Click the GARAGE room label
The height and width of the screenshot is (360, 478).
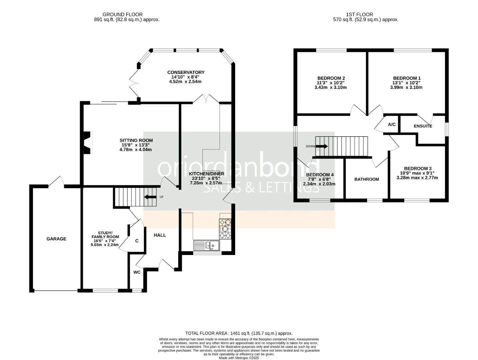coord(56,239)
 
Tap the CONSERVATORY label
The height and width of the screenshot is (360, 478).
coord(186,72)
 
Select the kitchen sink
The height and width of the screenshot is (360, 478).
coord(207,245)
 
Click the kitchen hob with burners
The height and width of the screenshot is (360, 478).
coord(225,229)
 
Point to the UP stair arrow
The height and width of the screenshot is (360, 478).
coord(150,197)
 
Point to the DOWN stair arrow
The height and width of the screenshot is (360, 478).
coord(322,146)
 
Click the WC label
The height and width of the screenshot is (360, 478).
coord(137,272)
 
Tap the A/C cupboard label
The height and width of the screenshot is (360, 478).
coord(392,124)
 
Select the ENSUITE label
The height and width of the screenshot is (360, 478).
coord(423,126)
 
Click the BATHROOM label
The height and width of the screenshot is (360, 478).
coord(367,179)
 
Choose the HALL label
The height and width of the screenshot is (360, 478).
coord(160,235)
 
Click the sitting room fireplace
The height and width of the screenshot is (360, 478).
coord(88,143)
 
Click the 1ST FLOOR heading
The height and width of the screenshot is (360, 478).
coord(359,15)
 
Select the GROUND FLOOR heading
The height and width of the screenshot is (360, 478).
coord(122,15)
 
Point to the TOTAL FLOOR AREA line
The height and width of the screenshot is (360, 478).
coord(239,333)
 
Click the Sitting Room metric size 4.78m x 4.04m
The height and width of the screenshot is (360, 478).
coord(136,150)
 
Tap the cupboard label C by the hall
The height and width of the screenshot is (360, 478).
coord(137,241)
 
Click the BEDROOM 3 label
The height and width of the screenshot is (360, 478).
coord(418,168)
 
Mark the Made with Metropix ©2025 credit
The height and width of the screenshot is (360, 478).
coord(239,358)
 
